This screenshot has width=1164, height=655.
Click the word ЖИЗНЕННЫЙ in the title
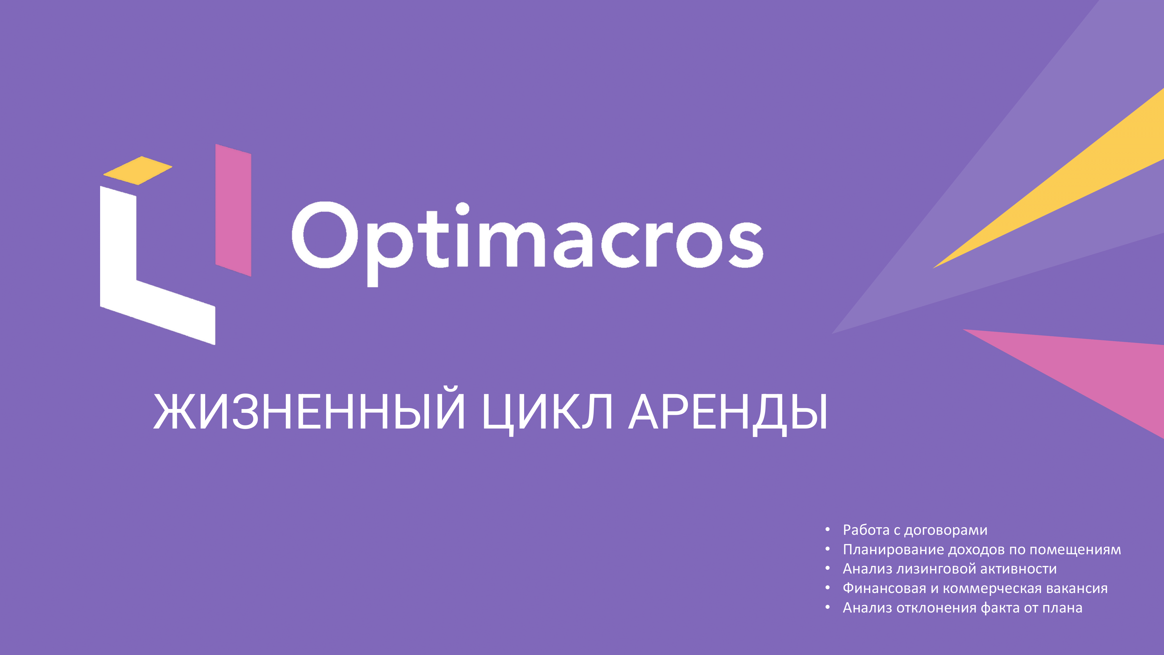point(310,411)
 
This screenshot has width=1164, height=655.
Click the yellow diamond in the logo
point(138,170)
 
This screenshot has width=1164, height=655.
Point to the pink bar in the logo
point(233,210)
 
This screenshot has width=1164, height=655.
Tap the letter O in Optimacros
point(325,235)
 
